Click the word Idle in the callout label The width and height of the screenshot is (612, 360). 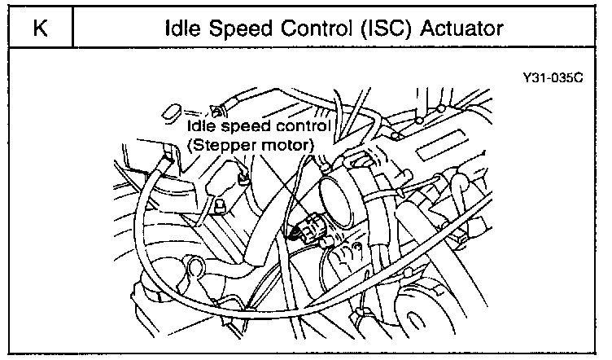[201, 127]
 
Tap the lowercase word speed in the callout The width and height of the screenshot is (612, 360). [243, 128]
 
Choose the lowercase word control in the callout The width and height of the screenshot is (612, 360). [299, 127]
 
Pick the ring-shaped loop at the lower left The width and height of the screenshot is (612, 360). [195, 267]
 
